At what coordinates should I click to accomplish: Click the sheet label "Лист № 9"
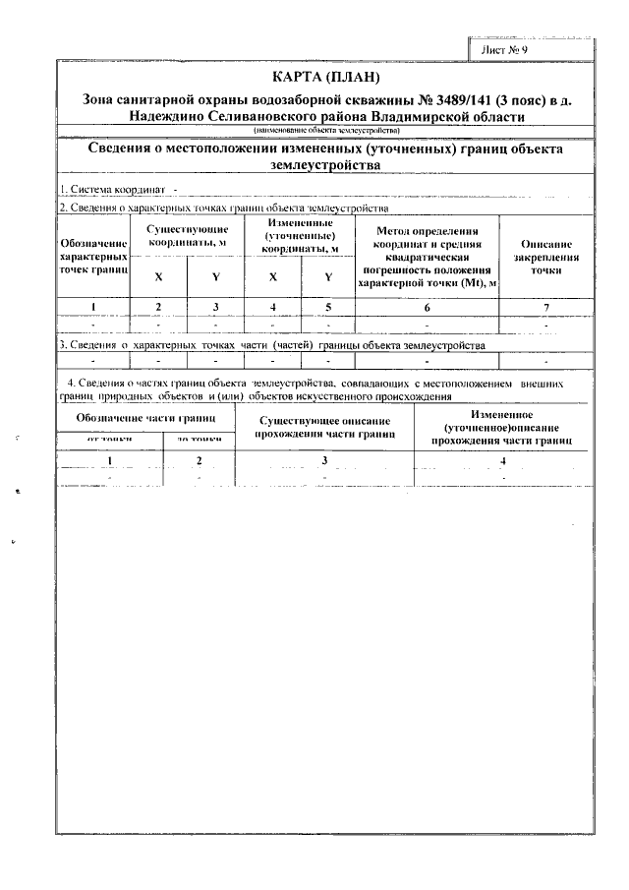click(x=505, y=48)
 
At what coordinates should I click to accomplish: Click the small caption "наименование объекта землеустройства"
click(x=325, y=130)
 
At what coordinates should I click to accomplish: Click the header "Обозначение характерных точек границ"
click(x=94, y=255)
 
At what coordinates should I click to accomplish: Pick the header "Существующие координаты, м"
click(x=188, y=235)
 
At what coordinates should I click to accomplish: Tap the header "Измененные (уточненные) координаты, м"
click(x=301, y=236)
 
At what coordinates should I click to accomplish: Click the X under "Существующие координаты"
click(x=159, y=276)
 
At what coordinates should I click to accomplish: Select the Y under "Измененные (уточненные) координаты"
click(x=328, y=276)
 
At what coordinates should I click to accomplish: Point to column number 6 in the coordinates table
click(x=428, y=307)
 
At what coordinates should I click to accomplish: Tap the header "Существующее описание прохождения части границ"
click(x=324, y=426)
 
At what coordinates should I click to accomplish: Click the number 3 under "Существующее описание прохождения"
click(x=324, y=460)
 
